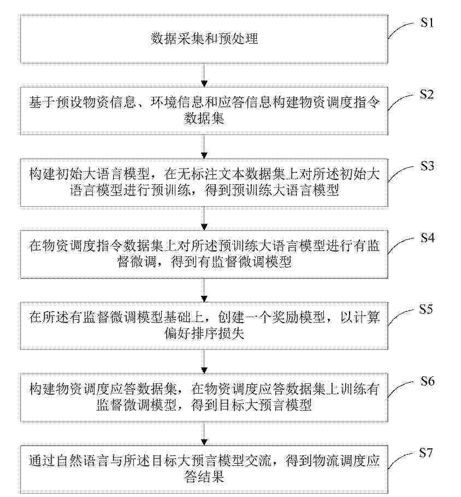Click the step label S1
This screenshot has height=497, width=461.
(x=427, y=22)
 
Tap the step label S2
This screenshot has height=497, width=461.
(x=427, y=94)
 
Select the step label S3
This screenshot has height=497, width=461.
(x=427, y=166)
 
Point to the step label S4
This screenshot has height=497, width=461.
(x=427, y=238)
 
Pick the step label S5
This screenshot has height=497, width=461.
(x=426, y=309)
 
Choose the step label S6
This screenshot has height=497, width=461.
(x=427, y=381)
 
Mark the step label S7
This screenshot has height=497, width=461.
(x=426, y=453)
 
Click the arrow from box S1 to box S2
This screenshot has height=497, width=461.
(x=204, y=75)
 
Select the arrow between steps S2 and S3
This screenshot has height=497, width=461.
(x=204, y=147)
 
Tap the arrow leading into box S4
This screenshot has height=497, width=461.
(x=204, y=218)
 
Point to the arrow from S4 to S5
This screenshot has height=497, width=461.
(x=204, y=290)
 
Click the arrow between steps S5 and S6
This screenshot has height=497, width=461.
(x=204, y=362)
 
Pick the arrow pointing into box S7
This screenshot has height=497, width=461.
(x=204, y=434)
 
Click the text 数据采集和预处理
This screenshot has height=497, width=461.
(x=204, y=38)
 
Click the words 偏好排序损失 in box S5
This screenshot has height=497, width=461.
(x=204, y=334)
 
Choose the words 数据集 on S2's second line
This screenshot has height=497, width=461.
(x=204, y=119)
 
